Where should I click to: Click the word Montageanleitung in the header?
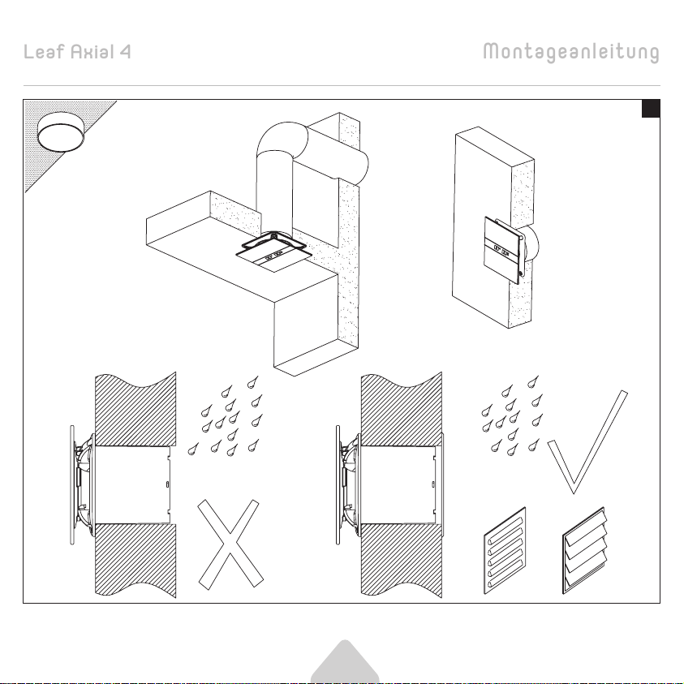coord(571,53)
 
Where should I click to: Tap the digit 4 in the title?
coord(125,52)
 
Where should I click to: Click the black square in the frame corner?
coord(651,109)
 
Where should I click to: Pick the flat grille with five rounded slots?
coord(505,550)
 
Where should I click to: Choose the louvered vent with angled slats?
coord(584,550)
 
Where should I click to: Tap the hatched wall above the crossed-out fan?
coord(136,409)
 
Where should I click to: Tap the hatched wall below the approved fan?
coord(402,561)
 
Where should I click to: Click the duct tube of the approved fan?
coord(398,484)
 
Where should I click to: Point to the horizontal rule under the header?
coord(342,85)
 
